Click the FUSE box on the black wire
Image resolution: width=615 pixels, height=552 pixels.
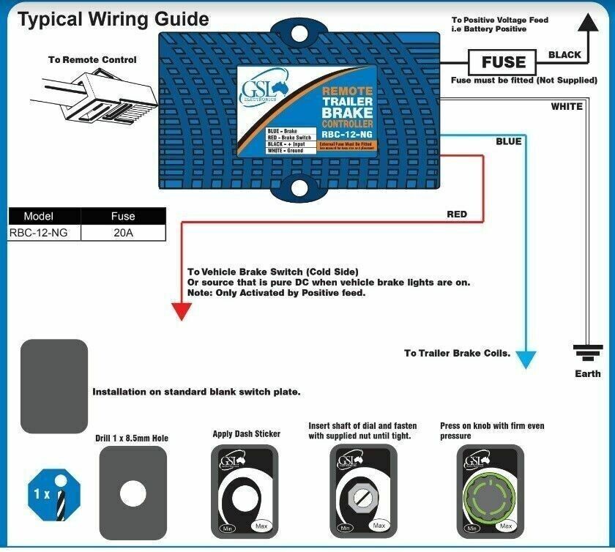coord(504,62)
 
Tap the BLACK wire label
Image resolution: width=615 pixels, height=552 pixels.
coord(564,55)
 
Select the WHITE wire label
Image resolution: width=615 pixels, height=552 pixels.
coord(567,107)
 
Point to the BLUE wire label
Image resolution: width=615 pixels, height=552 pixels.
coord(509,141)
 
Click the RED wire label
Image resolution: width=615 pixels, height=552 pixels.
coord(457,215)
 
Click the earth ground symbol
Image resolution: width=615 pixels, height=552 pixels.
coord(587,354)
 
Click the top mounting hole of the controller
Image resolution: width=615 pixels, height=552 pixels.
coord(299,34)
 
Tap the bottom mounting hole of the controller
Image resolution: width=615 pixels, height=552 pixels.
coord(299,187)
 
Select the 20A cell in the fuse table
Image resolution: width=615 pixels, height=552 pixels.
coord(123,234)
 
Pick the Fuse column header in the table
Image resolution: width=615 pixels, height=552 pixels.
coord(123,217)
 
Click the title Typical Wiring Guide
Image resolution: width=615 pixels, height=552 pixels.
coord(113,19)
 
